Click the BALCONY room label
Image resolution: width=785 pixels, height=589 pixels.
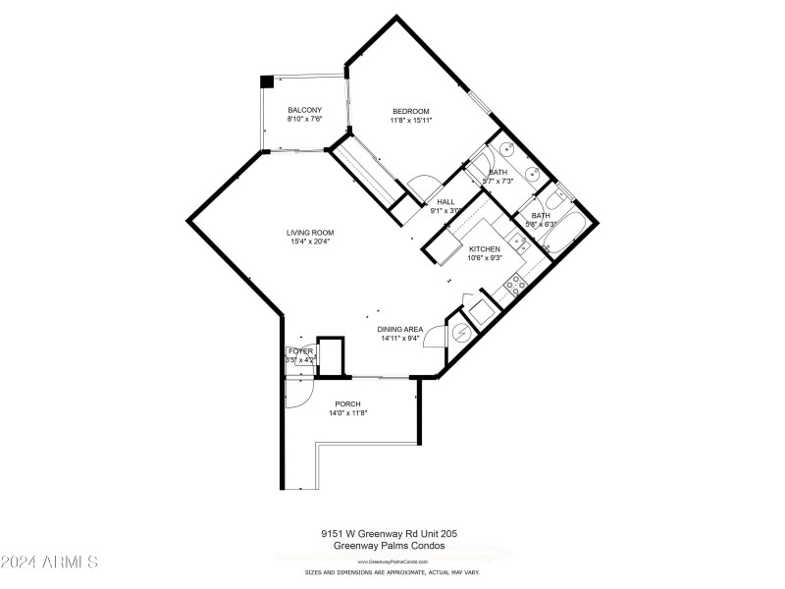pyautogui.click(x=304, y=110)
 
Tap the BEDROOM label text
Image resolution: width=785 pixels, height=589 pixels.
pyautogui.click(x=411, y=111)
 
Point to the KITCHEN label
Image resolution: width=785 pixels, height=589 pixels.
pyautogui.click(x=485, y=249)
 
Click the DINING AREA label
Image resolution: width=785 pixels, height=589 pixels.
pyautogui.click(x=401, y=330)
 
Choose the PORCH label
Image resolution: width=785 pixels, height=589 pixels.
pyautogui.click(x=347, y=404)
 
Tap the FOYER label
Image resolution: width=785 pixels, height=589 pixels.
pyautogui.click(x=300, y=350)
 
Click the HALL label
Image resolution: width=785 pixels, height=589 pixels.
pyautogui.click(x=445, y=201)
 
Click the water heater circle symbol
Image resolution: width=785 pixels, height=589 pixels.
pyautogui.click(x=459, y=334)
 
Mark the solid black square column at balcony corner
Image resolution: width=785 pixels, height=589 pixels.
pyautogui.click(x=266, y=82)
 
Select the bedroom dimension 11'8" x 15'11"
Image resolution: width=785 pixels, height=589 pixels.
pyautogui.click(x=412, y=120)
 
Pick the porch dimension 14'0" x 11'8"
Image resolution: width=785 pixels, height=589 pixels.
pyautogui.click(x=347, y=413)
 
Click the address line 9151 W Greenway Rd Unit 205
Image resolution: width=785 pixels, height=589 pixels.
pyautogui.click(x=389, y=534)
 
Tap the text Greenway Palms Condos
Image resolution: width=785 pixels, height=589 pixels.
pyautogui.click(x=389, y=546)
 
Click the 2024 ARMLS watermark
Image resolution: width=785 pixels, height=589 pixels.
pyautogui.click(x=49, y=562)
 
